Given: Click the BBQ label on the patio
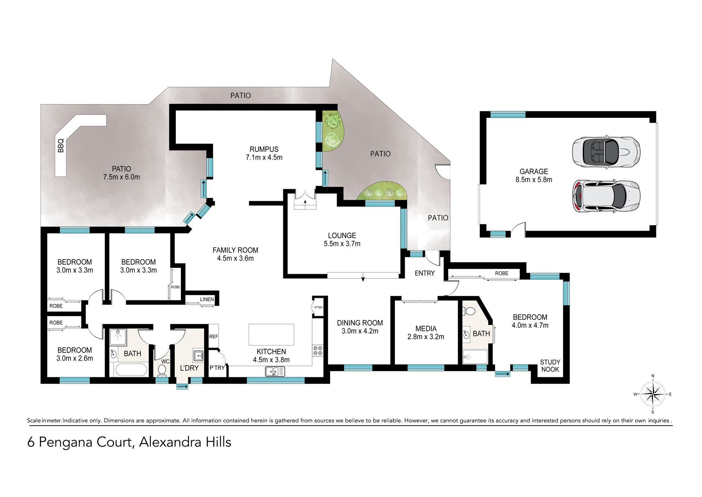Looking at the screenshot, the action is pyautogui.click(x=61, y=145).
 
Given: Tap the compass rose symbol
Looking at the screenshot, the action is pyautogui.click(x=653, y=394).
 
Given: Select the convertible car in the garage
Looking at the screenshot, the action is pyautogui.click(x=606, y=152).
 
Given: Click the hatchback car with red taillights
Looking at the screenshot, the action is pyautogui.click(x=606, y=196).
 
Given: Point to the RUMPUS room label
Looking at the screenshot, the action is pyautogui.click(x=264, y=149).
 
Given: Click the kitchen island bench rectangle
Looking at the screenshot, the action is pyautogui.click(x=271, y=335).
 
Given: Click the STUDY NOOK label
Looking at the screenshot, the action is pyautogui.click(x=550, y=366).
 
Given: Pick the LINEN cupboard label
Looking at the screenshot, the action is pyautogui.click(x=207, y=299).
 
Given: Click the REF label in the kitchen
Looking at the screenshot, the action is pyautogui.click(x=214, y=337).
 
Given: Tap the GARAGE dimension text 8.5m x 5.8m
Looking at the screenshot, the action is pyautogui.click(x=534, y=180).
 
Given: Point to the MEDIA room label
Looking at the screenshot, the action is pyautogui.click(x=426, y=329).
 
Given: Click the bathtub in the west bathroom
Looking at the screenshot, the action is pyautogui.click(x=131, y=370).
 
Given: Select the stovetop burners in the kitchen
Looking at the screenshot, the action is pyautogui.click(x=317, y=351).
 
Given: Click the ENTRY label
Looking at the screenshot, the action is pyautogui.click(x=424, y=273).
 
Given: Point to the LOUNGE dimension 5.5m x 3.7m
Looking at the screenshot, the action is pyautogui.click(x=342, y=244).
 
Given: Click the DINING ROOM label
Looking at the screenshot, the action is pyautogui.click(x=360, y=323).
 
